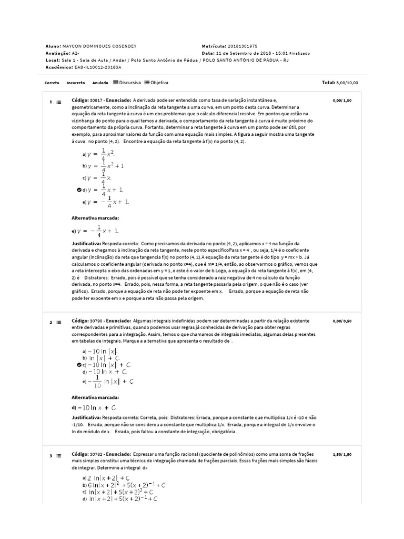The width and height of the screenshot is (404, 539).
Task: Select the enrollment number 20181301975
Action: tap(240, 46)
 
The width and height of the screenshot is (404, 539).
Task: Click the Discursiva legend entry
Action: tap(127, 83)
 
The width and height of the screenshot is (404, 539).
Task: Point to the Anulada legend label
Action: tap(100, 83)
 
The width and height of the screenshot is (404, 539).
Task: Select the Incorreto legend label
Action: tap(76, 83)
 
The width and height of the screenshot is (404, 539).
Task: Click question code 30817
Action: tap(96, 99)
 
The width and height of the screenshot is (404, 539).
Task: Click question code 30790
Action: tap(96, 320)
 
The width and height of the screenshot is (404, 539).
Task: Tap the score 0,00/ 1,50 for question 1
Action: tap(342, 99)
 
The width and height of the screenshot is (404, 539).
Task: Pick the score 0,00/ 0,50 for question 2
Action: tap(342, 320)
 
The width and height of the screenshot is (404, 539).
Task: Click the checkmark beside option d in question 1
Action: tap(79, 189)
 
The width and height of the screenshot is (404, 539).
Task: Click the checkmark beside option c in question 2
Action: tap(79, 364)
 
